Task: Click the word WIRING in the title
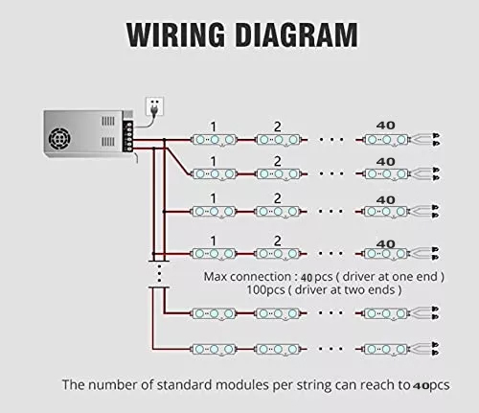[175, 34]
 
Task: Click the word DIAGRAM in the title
[297, 34]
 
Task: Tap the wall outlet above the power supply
[155, 106]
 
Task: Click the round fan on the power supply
[59, 139]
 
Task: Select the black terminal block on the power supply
[128, 135]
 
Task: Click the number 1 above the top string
[214, 127]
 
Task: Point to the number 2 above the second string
[278, 162]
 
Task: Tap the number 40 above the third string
[386, 200]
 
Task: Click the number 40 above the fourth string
[386, 244]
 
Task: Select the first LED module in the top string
[215, 140]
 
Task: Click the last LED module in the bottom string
[387, 349]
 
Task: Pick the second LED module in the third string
[278, 212]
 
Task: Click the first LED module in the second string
[215, 174]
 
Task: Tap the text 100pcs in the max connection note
[265, 290]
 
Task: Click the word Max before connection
[216, 277]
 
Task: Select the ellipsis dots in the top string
[331, 139]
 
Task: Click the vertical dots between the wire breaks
[159, 273]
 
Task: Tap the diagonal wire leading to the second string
[177, 161]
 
